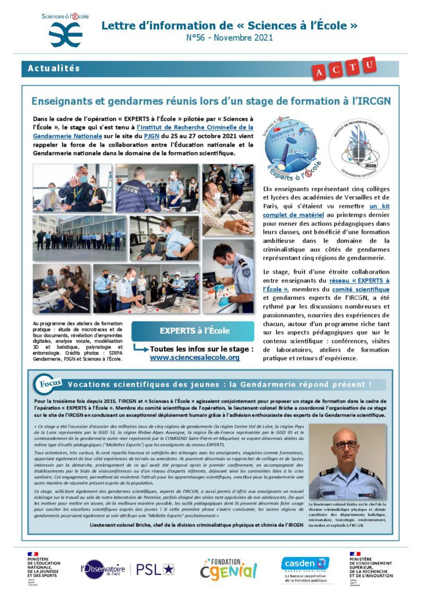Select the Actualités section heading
click(53, 69)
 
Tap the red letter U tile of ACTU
click(369, 64)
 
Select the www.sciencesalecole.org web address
click(194, 357)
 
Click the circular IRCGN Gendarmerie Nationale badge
click(356, 148)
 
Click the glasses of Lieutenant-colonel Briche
click(347, 445)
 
